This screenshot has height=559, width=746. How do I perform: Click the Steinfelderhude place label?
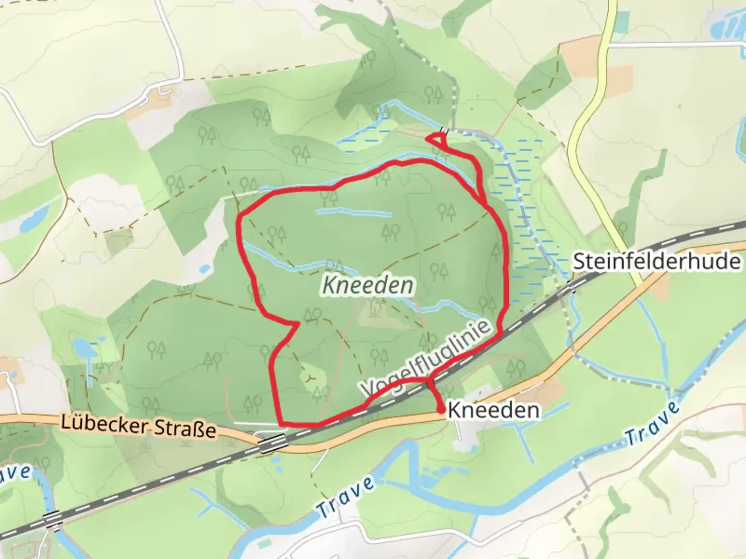[x=656, y=261]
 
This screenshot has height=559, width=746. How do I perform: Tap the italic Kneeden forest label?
[x=369, y=285]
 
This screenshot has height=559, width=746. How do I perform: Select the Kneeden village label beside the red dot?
[x=493, y=410]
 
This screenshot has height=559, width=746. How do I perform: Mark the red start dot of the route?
[x=440, y=410]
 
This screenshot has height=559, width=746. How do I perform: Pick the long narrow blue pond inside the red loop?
[x=354, y=212]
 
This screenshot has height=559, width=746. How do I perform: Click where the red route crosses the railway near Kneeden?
[x=429, y=384]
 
